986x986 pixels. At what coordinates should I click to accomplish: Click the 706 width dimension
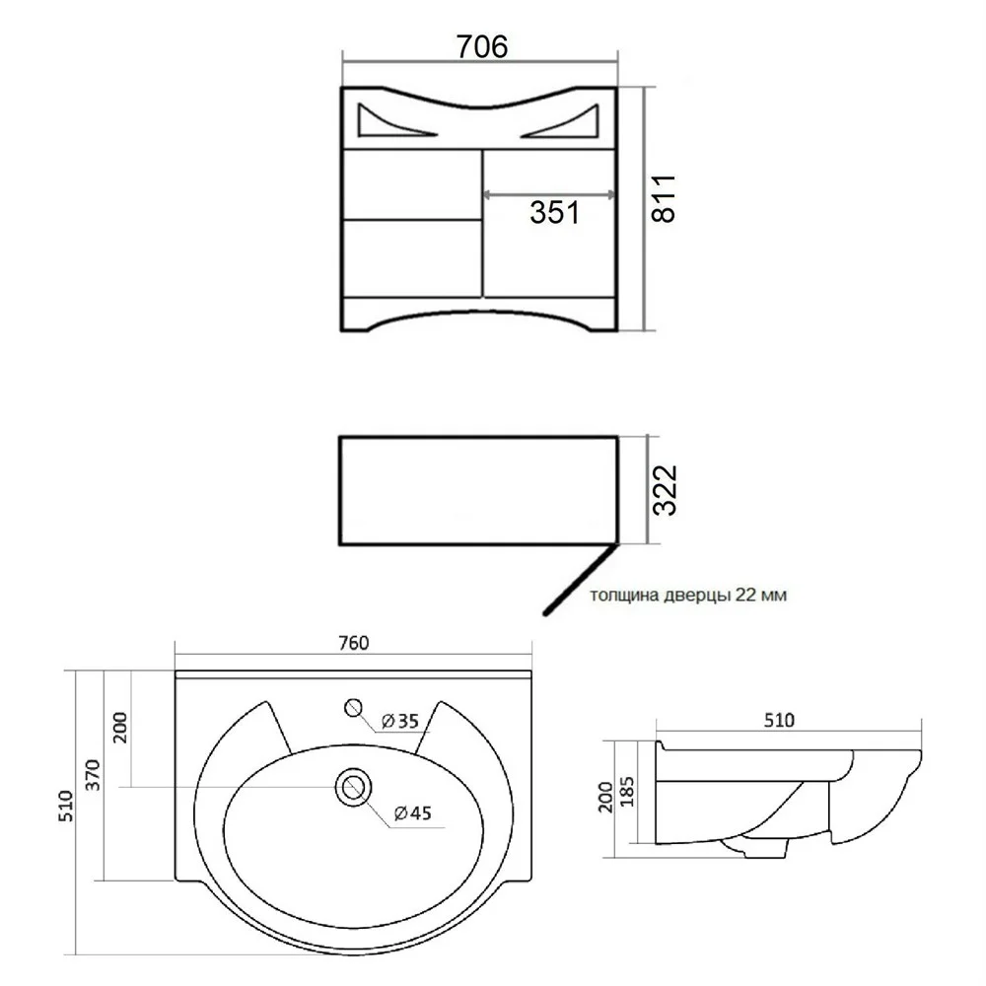click(x=482, y=46)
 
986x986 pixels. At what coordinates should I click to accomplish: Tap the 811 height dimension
click(x=663, y=199)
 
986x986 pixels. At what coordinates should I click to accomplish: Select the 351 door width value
click(x=554, y=213)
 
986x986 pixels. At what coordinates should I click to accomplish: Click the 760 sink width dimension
click(x=353, y=643)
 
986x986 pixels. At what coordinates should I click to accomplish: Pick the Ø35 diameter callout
click(x=400, y=722)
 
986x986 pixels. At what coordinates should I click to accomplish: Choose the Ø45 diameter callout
click(x=412, y=813)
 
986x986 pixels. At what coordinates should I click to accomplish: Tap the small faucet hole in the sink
click(x=354, y=708)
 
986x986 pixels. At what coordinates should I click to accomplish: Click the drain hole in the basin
click(x=353, y=787)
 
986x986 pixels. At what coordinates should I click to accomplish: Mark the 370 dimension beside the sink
click(x=93, y=775)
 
